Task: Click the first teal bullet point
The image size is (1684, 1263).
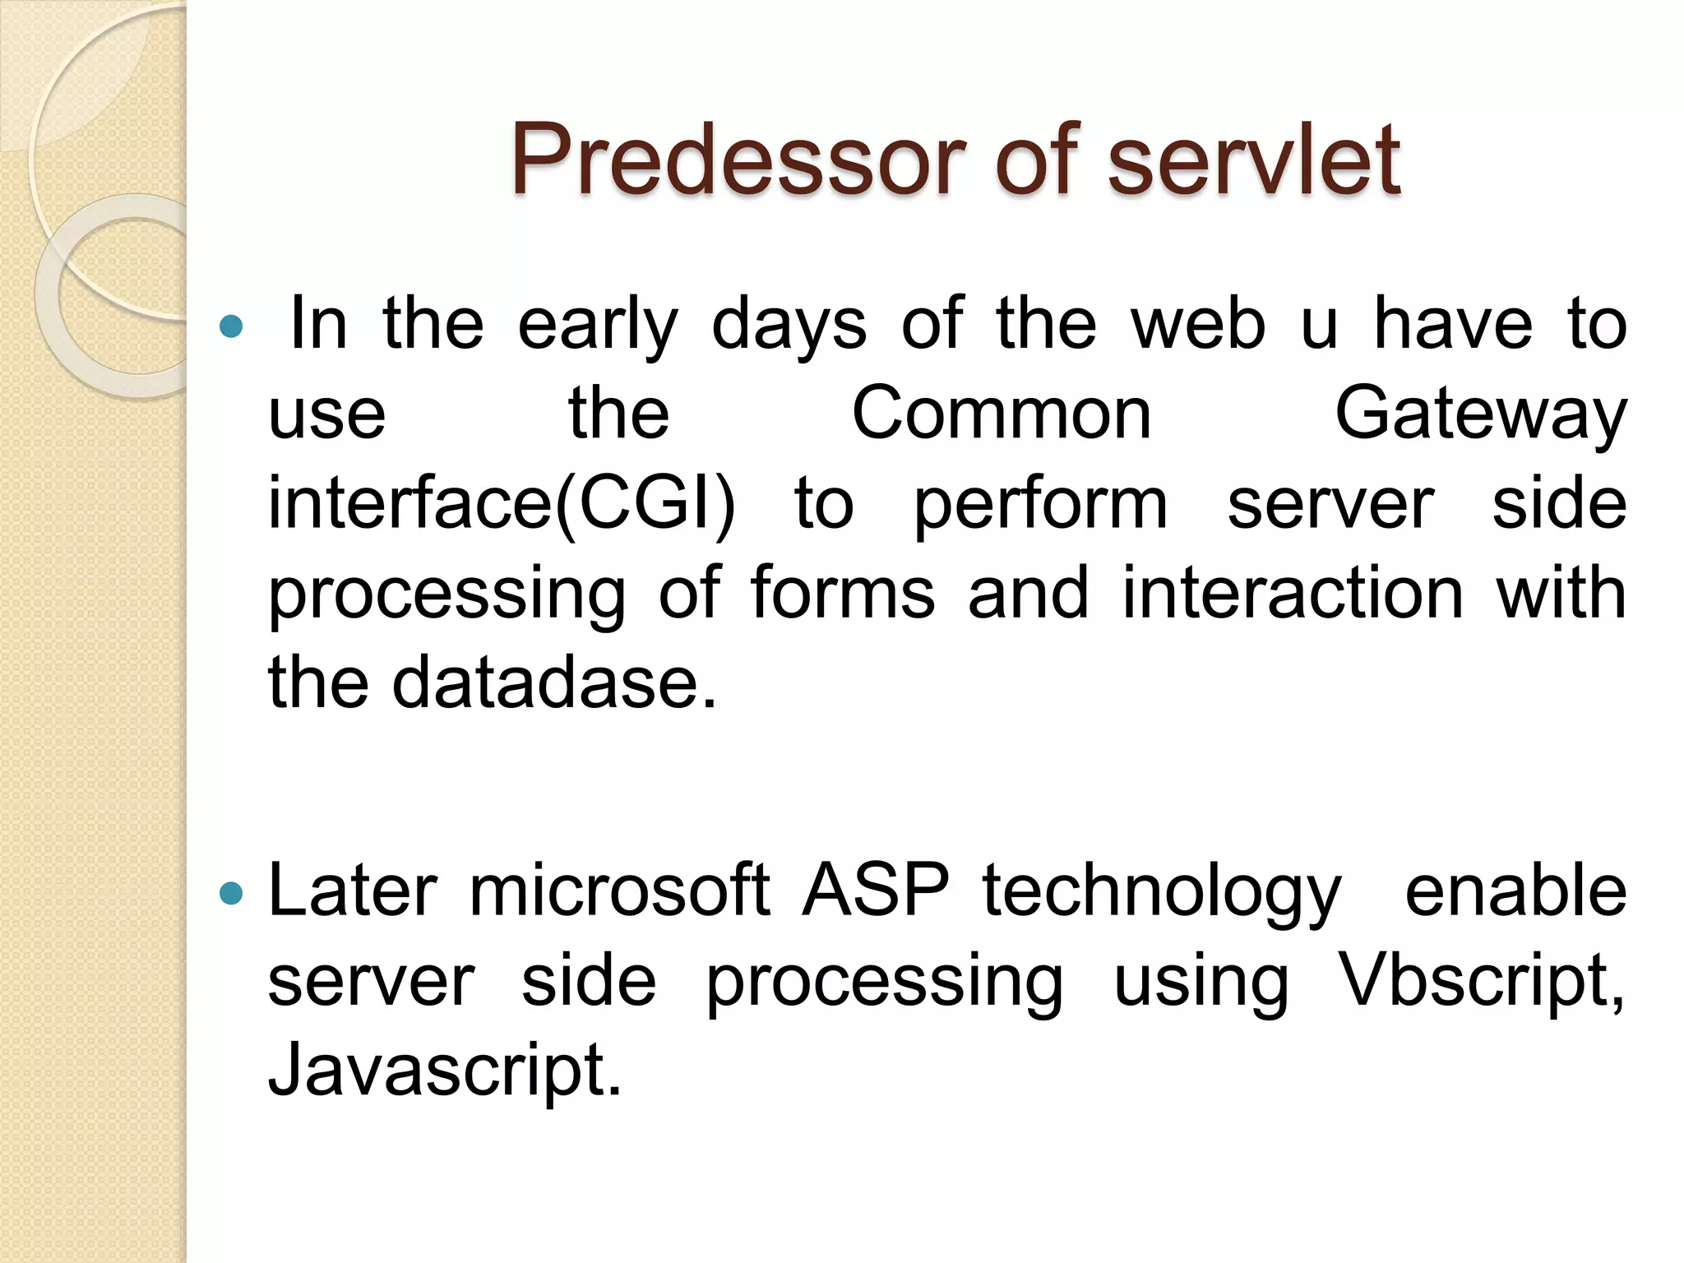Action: (233, 326)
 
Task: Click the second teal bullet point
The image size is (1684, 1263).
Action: (233, 893)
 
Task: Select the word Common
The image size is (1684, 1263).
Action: (1001, 414)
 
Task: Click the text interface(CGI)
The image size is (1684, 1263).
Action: (502, 504)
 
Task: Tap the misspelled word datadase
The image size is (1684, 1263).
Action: (553, 683)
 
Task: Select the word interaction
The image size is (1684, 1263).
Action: (1293, 594)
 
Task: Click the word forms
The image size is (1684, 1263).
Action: (842, 594)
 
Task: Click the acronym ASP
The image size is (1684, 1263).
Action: (875, 891)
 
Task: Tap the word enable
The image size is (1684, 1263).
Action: (1515, 891)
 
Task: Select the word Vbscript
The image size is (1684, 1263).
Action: (1480, 982)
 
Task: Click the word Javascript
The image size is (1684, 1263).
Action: (444, 1071)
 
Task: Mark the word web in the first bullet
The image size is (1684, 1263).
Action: (1198, 325)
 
